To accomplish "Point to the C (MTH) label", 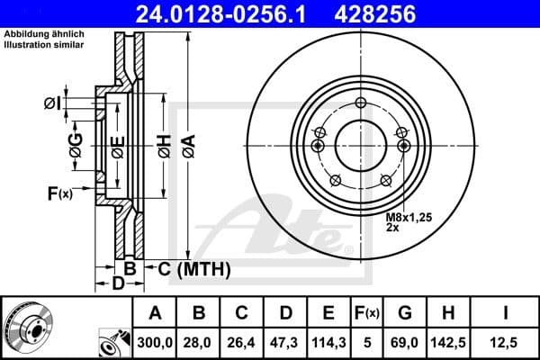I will [x=194, y=268].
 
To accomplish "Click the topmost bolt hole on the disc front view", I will [x=360, y=102].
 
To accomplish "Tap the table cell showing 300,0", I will [x=155, y=342].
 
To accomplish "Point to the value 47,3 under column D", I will [x=286, y=342].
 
